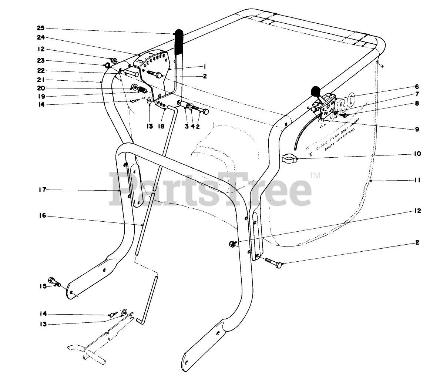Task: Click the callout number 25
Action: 41,28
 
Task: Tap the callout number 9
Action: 417,129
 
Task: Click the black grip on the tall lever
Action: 179,40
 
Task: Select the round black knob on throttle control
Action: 316,91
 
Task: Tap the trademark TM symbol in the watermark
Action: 314,175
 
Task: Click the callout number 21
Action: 41,80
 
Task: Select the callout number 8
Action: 417,104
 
